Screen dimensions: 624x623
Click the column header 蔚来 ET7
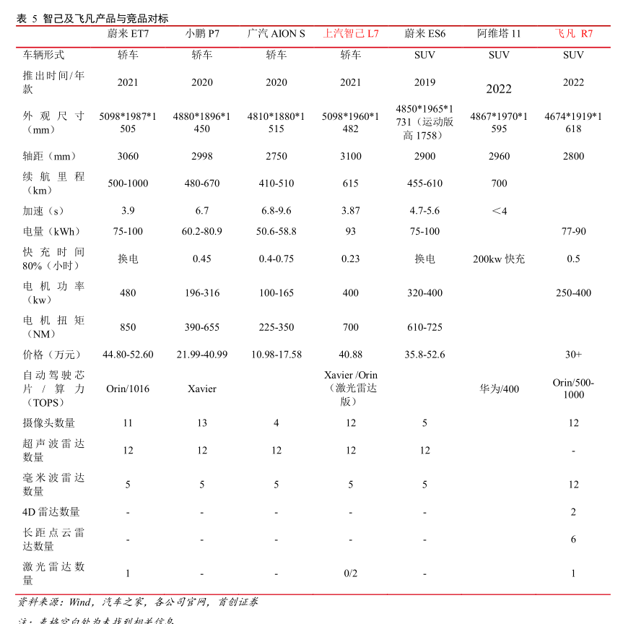[128, 33]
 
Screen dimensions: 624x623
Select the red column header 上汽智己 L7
[350, 33]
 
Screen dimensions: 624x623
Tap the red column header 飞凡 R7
[573, 33]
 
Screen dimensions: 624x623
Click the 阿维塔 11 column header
[499, 33]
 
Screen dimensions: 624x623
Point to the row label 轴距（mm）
[50, 156]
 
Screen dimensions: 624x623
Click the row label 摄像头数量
[49, 423]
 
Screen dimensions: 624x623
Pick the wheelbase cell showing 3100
[350, 156]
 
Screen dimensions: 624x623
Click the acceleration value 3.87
[350, 211]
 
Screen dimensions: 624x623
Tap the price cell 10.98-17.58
[276, 355]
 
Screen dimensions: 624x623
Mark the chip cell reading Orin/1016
[128, 389]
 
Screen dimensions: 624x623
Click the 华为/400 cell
[499, 389]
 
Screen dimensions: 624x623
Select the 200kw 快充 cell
[499, 259]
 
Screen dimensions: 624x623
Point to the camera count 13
[202, 423]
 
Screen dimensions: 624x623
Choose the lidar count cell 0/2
[350, 573]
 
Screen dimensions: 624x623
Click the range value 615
[350, 183]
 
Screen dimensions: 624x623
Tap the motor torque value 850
[128, 327]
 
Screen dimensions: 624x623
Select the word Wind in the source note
[80, 602]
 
